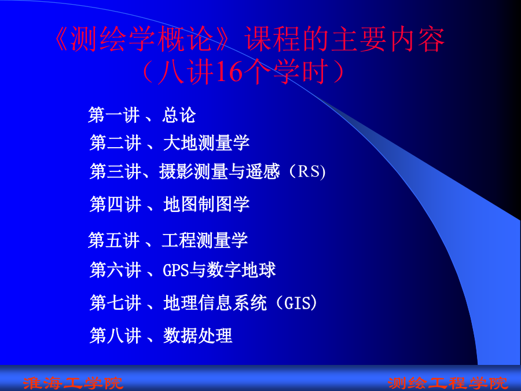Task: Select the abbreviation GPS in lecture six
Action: tap(176, 269)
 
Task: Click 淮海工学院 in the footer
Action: tap(74, 383)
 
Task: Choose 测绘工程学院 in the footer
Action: tap(448, 383)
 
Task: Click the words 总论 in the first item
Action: tap(179, 115)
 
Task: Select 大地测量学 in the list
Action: tap(206, 143)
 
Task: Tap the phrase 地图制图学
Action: tap(206, 204)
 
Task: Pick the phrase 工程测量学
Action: tap(205, 240)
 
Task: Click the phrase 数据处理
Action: tap(198, 335)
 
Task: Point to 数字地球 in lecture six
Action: tap(241, 269)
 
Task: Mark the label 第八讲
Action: tap(116, 335)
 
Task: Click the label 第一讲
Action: tap(114, 115)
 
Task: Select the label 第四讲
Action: tap(116, 204)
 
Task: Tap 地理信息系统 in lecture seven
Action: tap(215, 302)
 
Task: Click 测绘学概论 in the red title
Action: tap(142, 39)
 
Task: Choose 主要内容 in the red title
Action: tap(388, 39)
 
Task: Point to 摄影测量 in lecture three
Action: tap(193, 171)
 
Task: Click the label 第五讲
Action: tap(114, 240)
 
